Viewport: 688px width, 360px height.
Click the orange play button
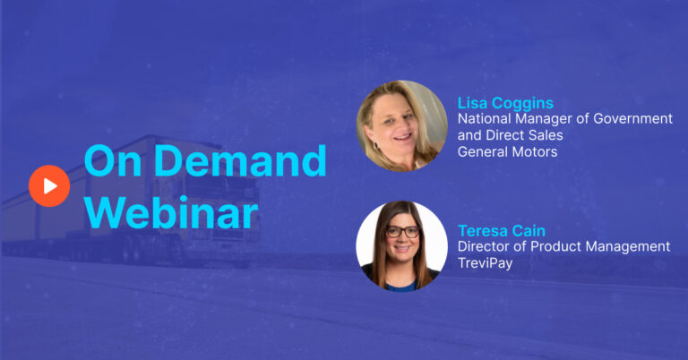point(49,186)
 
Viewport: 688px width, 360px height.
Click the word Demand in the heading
point(240,160)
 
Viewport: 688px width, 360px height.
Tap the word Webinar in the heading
point(171,213)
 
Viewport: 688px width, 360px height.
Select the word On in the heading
point(113,160)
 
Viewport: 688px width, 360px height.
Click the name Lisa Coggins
point(505,103)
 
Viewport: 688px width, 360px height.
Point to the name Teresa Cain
point(502,231)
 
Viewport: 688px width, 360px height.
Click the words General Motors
point(507,151)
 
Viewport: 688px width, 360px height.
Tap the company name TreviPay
point(485,263)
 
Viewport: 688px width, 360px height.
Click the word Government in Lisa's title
point(632,118)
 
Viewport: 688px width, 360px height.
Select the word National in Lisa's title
point(485,118)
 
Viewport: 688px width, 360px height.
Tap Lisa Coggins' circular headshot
point(401,126)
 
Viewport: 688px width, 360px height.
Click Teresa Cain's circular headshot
point(401,246)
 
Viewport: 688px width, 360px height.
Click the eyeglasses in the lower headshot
point(402,232)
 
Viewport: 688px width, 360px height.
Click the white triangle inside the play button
point(50,186)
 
